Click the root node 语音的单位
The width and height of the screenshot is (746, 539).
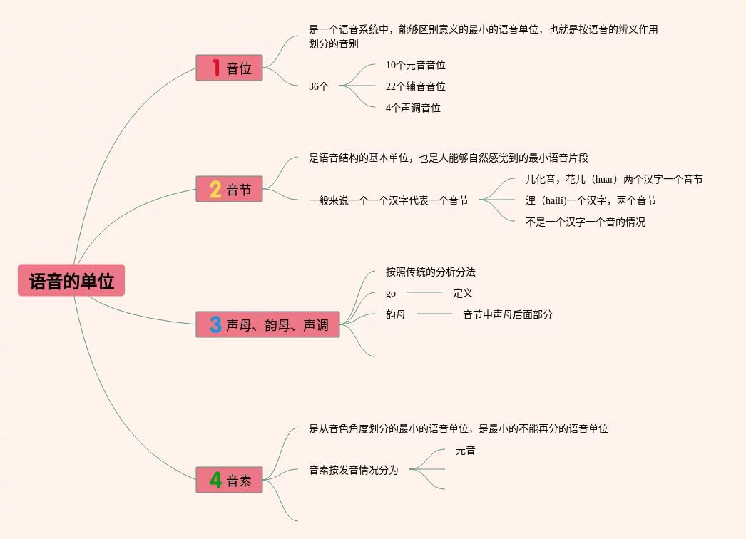click(71, 280)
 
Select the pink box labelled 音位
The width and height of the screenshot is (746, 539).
click(229, 68)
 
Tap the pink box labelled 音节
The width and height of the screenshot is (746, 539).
click(229, 189)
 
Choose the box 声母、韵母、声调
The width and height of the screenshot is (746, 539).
click(267, 324)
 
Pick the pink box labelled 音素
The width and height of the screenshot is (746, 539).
click(229, 480)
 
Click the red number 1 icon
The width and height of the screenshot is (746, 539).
click(215, 68)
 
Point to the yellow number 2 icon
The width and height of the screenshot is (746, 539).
click(215, 189)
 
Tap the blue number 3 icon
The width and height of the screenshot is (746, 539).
click(215, 324)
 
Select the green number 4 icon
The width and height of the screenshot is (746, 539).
click(215, 480)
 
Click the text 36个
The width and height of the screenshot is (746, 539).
click(319, 86)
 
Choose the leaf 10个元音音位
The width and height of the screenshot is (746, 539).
click(415, 65)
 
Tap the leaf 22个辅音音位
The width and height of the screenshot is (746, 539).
click(415, 86)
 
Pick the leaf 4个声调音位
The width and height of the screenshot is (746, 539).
click(413, 108)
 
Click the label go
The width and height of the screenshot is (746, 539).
click(391, 293)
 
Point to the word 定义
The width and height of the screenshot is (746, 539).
click(463, 293)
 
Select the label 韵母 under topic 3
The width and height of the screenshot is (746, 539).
click(396, 314)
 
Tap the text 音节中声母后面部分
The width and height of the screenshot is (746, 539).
click(508, 314)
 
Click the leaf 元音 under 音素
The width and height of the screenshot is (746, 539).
click(466, 450)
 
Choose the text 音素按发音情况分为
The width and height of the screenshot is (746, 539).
click(354, 470)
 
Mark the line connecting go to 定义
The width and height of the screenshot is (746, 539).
click(424, 292)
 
